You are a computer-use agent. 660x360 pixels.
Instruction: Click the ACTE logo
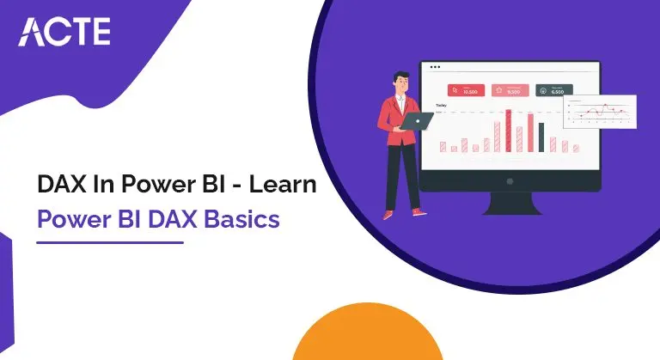64,31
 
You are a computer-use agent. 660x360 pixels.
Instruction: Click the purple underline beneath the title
111,241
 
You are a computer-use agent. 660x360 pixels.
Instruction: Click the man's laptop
419,121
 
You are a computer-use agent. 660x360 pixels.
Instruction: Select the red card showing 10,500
465,90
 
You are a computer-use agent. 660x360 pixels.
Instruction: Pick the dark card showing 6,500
553,90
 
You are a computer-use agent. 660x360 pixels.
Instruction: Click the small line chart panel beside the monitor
599,111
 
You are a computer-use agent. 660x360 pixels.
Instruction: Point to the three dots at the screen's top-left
435,67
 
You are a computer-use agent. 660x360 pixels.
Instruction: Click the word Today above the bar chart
441,106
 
